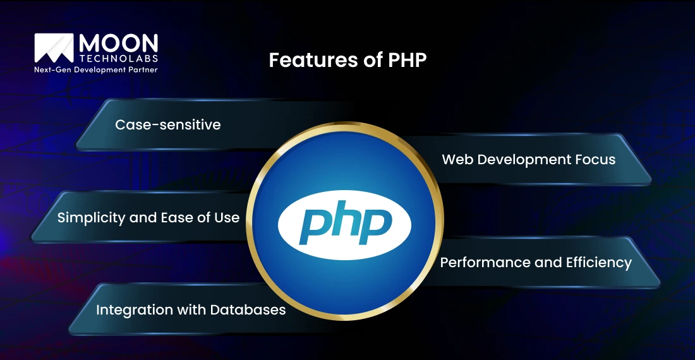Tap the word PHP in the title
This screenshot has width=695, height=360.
408,60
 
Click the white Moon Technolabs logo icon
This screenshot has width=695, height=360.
54,48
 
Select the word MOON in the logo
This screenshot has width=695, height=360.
118,44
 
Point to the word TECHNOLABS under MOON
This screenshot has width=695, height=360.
119,59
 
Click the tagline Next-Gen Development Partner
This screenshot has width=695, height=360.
96,69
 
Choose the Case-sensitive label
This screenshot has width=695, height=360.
168,124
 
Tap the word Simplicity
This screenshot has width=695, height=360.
92,218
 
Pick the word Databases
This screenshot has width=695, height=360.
248,309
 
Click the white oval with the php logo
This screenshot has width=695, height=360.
344,225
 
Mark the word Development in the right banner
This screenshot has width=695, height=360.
524,160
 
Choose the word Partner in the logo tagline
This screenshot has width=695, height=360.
143,69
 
